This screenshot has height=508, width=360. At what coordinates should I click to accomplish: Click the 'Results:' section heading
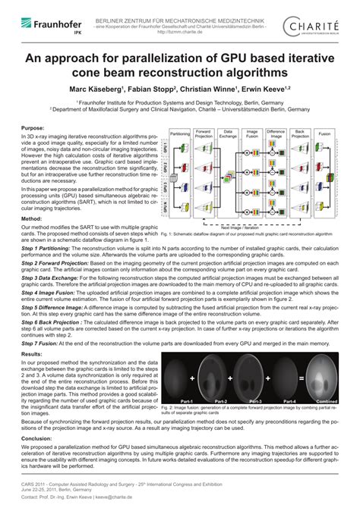pos(32,353)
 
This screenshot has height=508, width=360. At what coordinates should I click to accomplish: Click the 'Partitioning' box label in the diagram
pos(180,132)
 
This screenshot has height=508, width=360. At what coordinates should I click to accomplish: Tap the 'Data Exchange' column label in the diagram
pos(228,132)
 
